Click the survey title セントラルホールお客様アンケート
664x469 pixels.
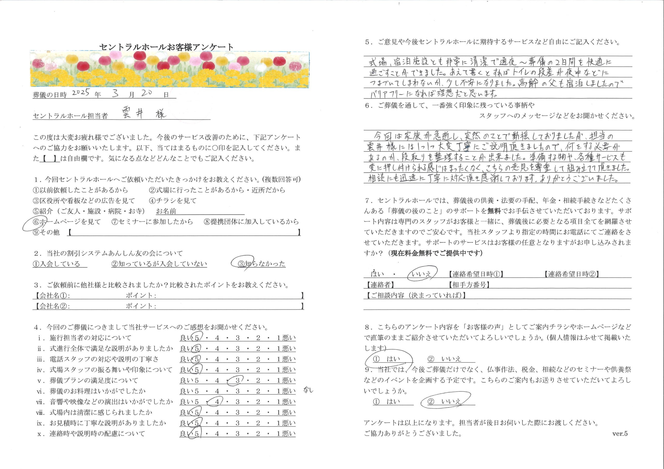(x=166, y=47)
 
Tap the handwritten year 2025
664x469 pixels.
(x=81, y=93)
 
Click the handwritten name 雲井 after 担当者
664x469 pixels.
(x=133, y=113)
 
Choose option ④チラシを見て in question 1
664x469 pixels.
(x=173, y=201)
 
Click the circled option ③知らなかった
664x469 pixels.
(x=261, y=264)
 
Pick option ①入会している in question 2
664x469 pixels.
(x=57, y=264)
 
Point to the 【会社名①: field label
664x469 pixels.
(x=52, y=295)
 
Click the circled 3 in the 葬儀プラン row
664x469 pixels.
(x=237, y=380)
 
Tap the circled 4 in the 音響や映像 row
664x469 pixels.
(x=217, y=402)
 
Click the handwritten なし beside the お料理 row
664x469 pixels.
(x=308, y=390)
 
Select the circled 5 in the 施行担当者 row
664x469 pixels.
(x=197, y=338)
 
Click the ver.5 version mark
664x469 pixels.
(x=619, y=433)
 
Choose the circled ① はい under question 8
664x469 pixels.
(x=388, y=359)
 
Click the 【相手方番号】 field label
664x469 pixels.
(x=469, y=285)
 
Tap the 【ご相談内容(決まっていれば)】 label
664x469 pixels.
(x=416, y=295)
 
